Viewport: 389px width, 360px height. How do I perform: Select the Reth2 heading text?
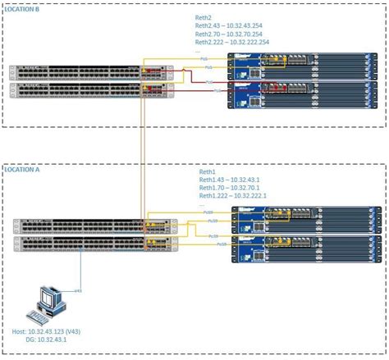pos(204,16)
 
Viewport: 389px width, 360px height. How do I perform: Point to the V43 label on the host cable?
pos(79,291)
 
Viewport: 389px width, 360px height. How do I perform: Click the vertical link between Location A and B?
pos(145,156)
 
